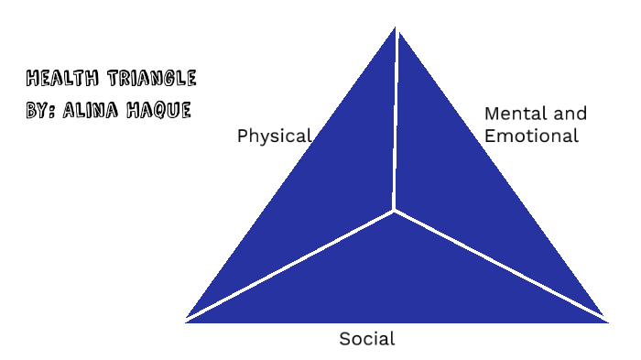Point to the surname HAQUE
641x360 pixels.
pos(160,110)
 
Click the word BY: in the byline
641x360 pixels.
pos(42,110)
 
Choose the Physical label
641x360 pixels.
pos(274,136)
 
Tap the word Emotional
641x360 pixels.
pos(531,136)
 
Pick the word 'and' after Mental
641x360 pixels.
pos(567,114)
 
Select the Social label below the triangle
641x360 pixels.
pos(366,339)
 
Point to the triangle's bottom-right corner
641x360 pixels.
pos(605,320)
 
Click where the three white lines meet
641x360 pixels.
pos(394,211)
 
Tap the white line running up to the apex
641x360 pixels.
pos(396,119)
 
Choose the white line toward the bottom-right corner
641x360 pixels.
pos(499,265)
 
